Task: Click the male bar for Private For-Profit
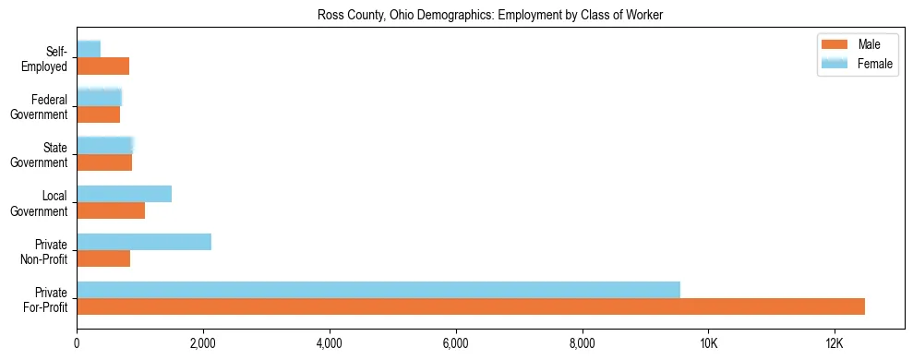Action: pos(471,306)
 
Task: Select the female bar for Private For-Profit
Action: pos(378,290)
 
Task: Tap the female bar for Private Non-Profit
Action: pos(144,242)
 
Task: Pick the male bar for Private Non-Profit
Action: pos(103,258)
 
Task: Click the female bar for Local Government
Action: pos(124,194)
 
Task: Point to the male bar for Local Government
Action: pos(111,210)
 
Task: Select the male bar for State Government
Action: pos(104,162)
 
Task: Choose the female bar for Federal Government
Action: pos(99,97)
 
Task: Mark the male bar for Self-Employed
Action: pos(102,66)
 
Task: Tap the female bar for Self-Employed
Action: pos(89,49)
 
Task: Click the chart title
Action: pos(490,15)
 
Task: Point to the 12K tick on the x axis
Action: pos(834,343)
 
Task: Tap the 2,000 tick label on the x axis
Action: pos(203,343)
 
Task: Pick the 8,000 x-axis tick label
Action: pos(582,343)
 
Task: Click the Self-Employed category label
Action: pos(51,58)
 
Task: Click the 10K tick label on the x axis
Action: pos(708,343)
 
